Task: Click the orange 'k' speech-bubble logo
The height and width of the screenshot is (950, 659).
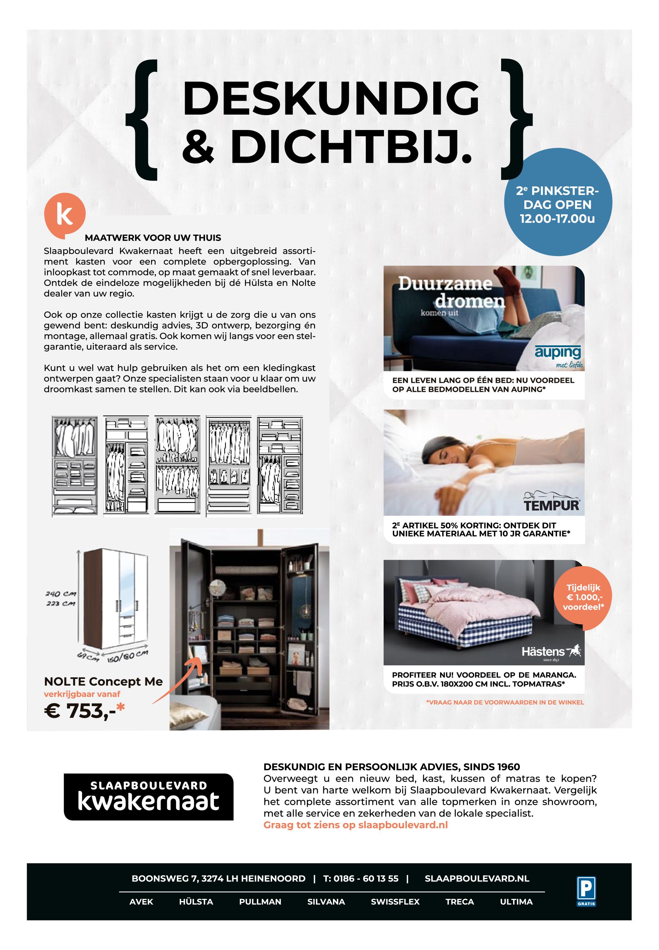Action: (64, 215)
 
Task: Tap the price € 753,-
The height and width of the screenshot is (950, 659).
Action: (84, 711)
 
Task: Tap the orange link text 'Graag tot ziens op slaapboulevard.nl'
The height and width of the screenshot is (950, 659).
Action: (355, 825)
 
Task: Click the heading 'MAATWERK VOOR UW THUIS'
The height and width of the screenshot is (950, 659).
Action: (153, 238)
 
